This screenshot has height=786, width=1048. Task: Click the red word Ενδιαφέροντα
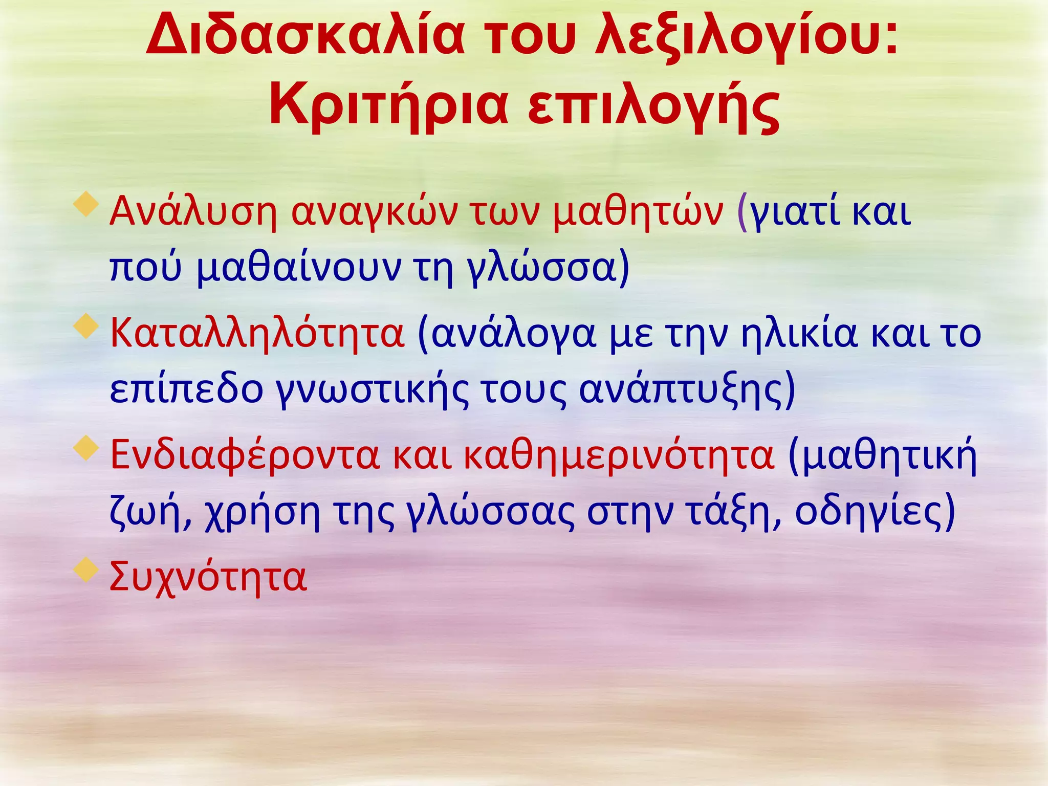click(x=245, y=455)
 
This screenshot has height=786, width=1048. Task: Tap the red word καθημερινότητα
click(x=619, y=455)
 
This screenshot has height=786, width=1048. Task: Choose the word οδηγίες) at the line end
click(x=875, y=512)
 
